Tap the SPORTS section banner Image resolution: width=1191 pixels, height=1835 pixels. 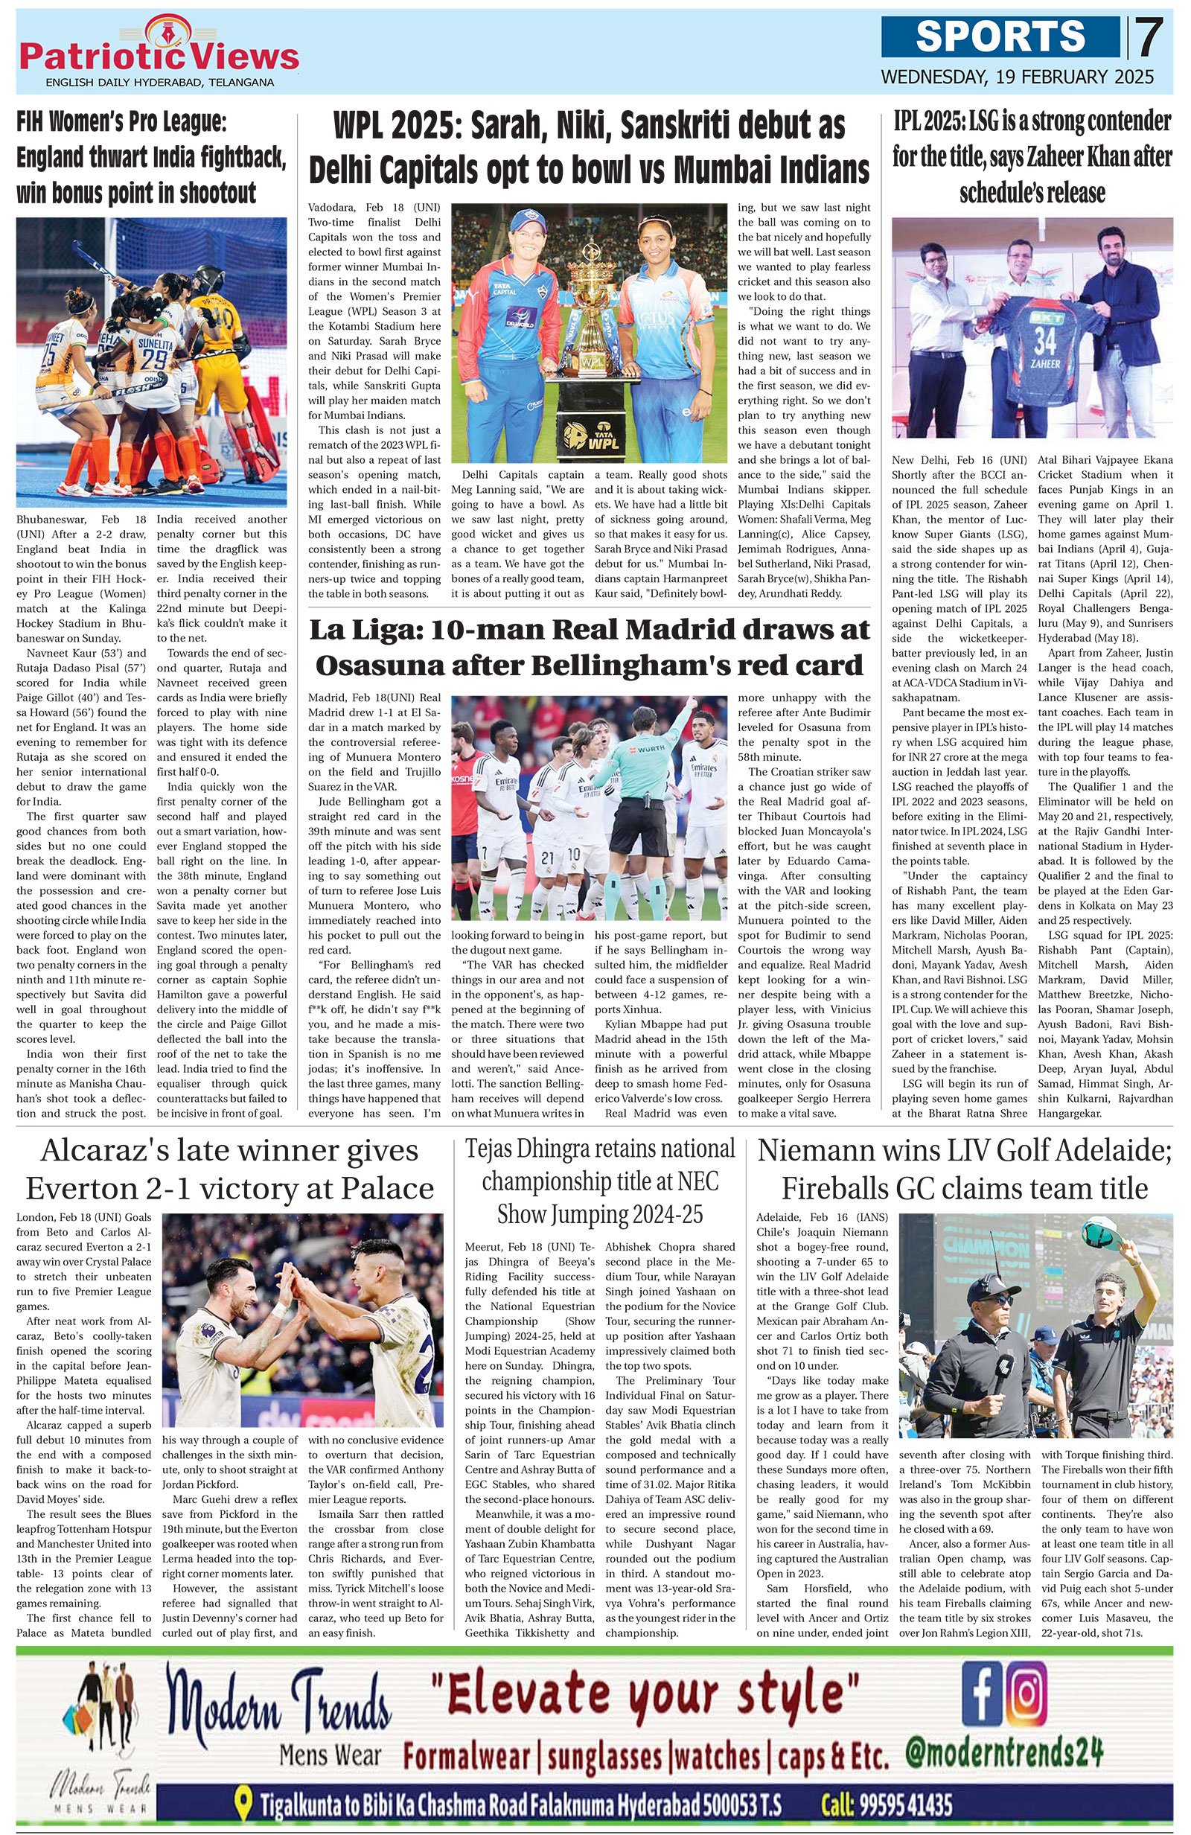[x=1000, y=36]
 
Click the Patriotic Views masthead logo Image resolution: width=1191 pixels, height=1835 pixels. [x=159, y=51]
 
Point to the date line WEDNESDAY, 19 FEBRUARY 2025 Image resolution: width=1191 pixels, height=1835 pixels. [x=1017, y=77]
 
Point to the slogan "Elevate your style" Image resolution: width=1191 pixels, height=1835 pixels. [x=654, y=1691]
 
